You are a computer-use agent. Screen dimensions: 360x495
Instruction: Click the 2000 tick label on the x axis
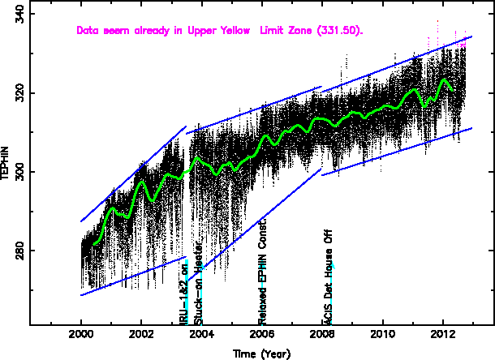tap(81, 335)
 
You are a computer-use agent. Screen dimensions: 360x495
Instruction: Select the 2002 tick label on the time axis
tap(141, 335)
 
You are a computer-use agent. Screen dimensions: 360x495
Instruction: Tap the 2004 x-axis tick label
tap(201, 335)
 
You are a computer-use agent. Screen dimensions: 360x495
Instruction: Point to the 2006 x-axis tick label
tap(261, 335)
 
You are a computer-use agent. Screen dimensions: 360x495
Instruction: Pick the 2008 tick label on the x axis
tap(322, 335)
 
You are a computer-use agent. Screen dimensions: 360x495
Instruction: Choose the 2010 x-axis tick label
tap(382, 335)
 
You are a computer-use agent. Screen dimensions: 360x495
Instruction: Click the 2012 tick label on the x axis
tap(442, 335)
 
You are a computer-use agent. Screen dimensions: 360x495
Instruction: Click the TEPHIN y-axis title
tap(6, 169)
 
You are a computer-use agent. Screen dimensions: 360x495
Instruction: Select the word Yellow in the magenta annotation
tap(236, 31)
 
